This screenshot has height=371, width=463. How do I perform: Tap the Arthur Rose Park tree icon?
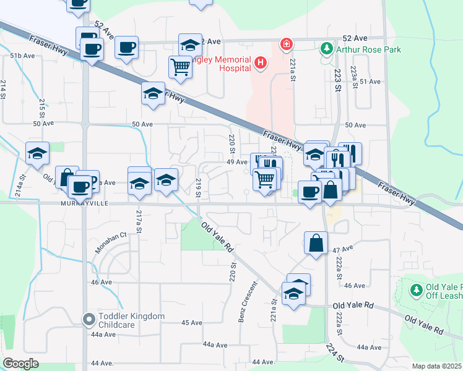pos(326,49)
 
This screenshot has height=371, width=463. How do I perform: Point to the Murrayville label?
pos(85,203)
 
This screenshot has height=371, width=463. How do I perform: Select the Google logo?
pos(20,364)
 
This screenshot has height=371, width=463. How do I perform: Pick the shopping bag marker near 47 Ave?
pos(316,243)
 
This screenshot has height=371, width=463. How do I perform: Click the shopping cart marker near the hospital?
pos(180,66)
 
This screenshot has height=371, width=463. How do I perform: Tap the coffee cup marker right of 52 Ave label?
pos(126,47)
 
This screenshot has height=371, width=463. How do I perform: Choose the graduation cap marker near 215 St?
pos(37,153)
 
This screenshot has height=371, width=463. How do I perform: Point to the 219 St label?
pos(198,188)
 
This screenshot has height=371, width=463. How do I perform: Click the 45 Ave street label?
pos(192,323)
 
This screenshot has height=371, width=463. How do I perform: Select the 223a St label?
pos(354,77)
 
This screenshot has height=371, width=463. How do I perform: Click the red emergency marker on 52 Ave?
pos(286,44)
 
